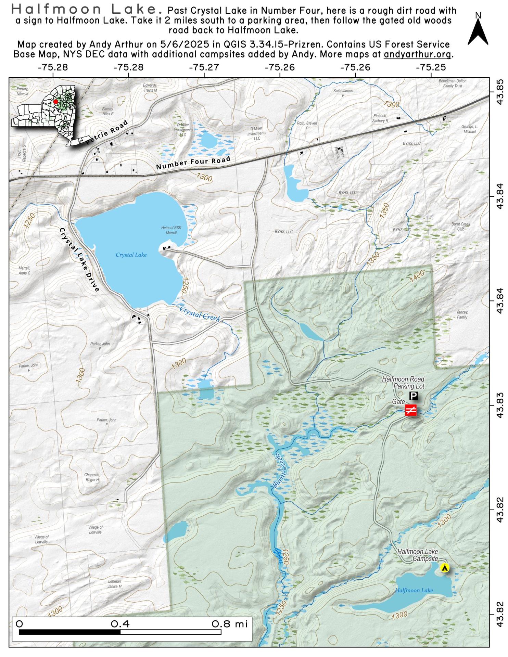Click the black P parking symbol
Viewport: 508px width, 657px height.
414,396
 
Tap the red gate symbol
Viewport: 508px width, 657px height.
411,410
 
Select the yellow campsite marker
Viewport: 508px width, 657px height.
444,568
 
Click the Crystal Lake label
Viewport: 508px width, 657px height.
131,255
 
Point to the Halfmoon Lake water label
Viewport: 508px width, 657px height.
414,590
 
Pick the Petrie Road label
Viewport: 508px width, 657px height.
107,132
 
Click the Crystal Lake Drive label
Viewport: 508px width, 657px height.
79,260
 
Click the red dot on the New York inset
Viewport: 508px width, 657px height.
55,101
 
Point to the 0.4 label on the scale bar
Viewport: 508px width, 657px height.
120,624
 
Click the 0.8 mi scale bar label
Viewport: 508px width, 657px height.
229,624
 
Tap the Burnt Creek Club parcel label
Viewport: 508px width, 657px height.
461,226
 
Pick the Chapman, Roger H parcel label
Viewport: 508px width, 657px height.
92,477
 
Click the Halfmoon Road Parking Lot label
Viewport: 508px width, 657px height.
403,383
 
